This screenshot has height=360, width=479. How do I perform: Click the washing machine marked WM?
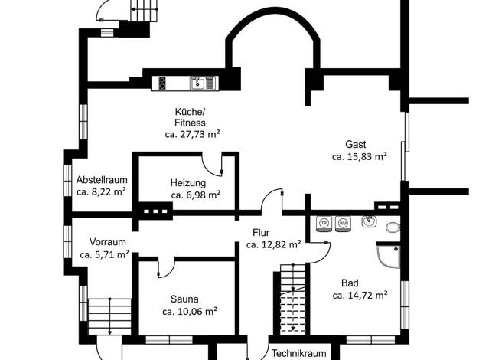[x=343, y=224]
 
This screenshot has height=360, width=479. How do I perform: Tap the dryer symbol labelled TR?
[x=324, y=224]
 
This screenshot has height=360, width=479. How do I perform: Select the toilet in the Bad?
[x=393, y=227]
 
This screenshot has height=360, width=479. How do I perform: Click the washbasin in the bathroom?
[x=369, y=221]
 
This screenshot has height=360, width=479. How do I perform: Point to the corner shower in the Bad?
[x=388, y=257]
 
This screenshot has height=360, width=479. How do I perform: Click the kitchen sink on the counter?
[x=198, y=83]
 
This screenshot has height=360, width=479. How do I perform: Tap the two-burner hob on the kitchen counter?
[x=162, y=83]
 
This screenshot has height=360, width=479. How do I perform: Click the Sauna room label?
[x=184, y=299]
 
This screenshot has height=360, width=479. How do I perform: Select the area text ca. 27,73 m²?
[x=193, y=134]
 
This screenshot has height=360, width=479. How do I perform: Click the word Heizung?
[x=188, y=183]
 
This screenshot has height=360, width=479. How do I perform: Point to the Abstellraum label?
[x=102, y=179]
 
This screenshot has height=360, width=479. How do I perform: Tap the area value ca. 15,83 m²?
[x=360, y=156]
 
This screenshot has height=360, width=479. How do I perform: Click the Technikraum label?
[x=298, y=353]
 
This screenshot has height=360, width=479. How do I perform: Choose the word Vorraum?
[x=108, y=241]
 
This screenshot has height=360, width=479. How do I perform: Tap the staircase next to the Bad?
[x=293, y=298]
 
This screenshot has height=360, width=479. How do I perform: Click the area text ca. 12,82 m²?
[x=274, y=244]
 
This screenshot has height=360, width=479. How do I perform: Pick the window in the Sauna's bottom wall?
[x=169, y=340]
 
